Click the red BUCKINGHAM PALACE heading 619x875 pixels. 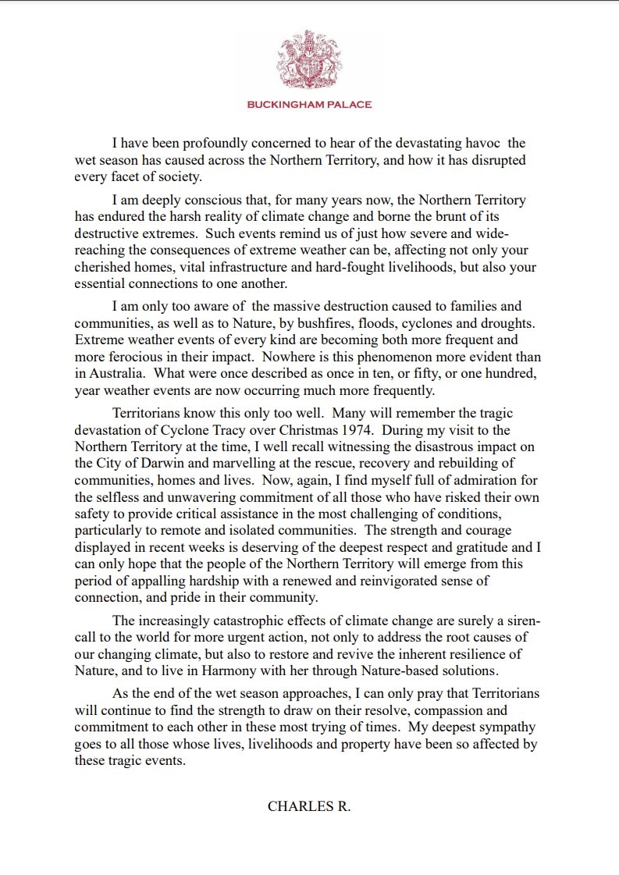pyautogui.click(x=309, y=105)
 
